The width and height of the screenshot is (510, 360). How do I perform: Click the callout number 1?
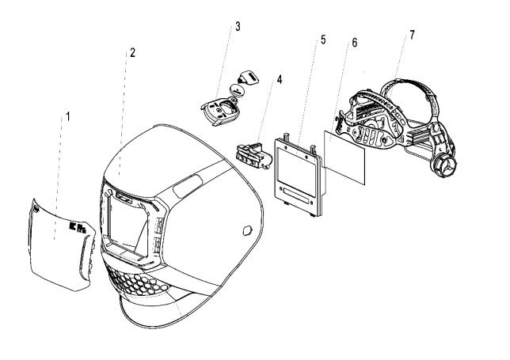[x=67, y=116]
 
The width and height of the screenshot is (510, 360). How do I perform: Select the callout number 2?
[x=132, y=52]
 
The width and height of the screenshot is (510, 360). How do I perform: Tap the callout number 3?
[x=238, y=27]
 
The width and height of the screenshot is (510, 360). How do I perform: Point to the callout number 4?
[x=280, y=80]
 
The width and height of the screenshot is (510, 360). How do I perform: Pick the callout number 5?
[x=323, y=40]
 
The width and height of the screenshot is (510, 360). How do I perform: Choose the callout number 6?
[x=355, y=43]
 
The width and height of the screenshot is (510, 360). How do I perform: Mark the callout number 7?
[x=412, y=35]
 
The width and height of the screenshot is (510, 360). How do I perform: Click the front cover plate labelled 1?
[x=62, y=245]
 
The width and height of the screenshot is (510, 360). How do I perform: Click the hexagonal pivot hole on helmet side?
[x=248, y=231]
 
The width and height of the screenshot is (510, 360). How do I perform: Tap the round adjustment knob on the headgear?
[x=444, y=165]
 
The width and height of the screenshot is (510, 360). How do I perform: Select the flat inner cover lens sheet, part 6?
[x=344, y=157]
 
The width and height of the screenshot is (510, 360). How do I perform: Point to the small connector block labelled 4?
[x=254, y=156]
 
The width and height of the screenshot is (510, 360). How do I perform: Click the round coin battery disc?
[x=238, y=89]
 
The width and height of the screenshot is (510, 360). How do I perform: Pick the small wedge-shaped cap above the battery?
[x=249, y=78]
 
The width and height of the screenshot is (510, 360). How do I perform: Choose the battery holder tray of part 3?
[x=219, y=111]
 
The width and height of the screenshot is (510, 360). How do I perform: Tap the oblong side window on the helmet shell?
[x=188, y=187]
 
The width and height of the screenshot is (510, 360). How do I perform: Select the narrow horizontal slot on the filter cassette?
[x=296, y=196]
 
